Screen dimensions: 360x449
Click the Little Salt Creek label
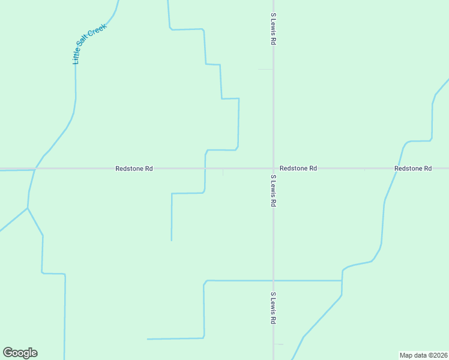(89, 44)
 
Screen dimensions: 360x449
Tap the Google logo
(20, 353)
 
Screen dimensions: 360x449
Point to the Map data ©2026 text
(423, 355)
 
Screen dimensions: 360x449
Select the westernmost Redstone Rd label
(134, 169)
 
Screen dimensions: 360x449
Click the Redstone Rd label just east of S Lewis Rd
(298, 169)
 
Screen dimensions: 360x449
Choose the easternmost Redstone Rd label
(413, 169)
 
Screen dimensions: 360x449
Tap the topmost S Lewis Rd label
(273, 30)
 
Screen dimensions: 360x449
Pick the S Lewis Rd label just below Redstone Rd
(273, 191)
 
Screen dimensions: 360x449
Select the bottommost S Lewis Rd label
(273, 308)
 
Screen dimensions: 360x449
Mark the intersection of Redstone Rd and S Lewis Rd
(273, 169)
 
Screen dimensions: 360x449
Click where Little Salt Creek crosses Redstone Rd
(35, 169)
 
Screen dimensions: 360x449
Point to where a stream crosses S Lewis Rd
(273, 280)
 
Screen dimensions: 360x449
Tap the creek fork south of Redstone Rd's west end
(28, 208)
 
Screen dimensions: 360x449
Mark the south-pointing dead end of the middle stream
(172, 240)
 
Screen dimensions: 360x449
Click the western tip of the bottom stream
(148, 339)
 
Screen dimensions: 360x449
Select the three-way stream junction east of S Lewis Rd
(342, 280)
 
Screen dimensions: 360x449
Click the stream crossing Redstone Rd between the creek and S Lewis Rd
(205, 169)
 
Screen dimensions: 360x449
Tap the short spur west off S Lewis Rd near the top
(265, 70)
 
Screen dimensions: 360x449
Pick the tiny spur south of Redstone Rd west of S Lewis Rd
(223, 173)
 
